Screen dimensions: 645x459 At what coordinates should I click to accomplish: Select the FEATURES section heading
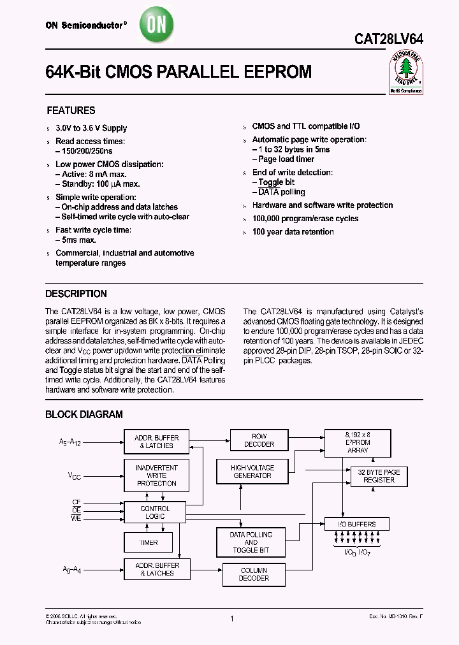[71, 110]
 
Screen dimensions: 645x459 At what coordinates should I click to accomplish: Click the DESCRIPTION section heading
[76, 294]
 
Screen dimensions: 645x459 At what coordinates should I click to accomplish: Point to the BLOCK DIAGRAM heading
[84, 414]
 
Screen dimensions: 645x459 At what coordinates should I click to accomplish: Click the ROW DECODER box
[259, 440]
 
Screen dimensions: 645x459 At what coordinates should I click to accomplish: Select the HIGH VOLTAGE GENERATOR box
[252, 472]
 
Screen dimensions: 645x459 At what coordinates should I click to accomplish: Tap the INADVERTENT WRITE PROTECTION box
[156, 475]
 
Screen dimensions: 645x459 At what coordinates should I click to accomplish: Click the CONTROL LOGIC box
[154, 512]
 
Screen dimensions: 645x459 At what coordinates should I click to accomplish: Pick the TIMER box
[148, 543]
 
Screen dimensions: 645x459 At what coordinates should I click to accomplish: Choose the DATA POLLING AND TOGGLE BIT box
[251, 542]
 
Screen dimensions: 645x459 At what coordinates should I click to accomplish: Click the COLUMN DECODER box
[254, 574]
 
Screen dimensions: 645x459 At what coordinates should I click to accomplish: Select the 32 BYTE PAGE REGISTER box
[379, 476]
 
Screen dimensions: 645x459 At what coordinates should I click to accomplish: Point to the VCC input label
[75, 475]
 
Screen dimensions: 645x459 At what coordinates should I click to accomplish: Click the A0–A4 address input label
[72, 570]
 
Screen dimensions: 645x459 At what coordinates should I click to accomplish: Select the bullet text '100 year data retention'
[293, 232]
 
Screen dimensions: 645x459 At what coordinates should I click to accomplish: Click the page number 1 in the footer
[232, 619]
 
